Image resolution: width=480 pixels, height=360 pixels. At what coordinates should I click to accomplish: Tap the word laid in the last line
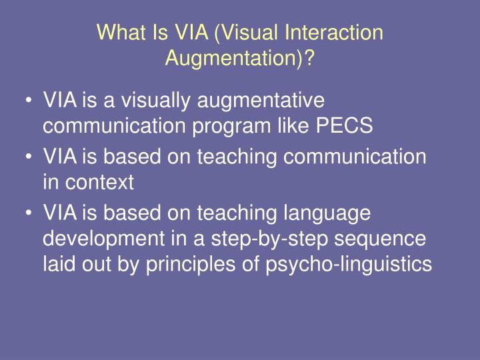tap(58, 264)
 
